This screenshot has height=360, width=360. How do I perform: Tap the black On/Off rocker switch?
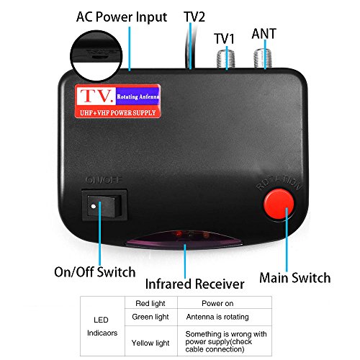tap(104, 207)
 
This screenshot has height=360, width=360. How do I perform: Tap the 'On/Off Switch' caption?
tap(95, 272)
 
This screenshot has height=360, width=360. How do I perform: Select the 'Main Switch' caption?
tap(295, 277)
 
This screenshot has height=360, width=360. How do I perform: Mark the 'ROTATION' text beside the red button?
tap(279, 185)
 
